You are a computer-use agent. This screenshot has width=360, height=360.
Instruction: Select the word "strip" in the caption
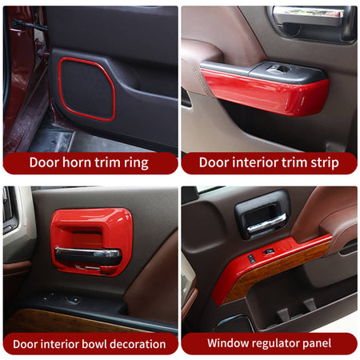tap(325, 163)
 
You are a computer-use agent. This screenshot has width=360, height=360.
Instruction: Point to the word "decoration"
tap(138, 344)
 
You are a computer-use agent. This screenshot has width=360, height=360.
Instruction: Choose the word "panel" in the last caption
tap(317, 344)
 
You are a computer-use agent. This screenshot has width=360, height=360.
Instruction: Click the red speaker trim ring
tap(59, 88)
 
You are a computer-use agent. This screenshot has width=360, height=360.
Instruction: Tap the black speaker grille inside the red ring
tap(87, 90)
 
